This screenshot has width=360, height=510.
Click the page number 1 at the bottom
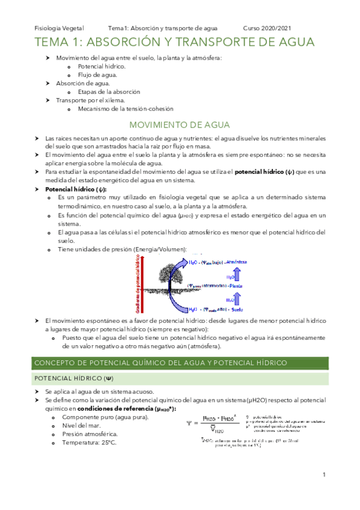tap(323, 475)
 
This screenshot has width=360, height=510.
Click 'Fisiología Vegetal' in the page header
tap(59, 28)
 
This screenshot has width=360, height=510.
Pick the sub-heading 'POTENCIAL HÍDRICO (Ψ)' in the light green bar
tap(73, 378)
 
